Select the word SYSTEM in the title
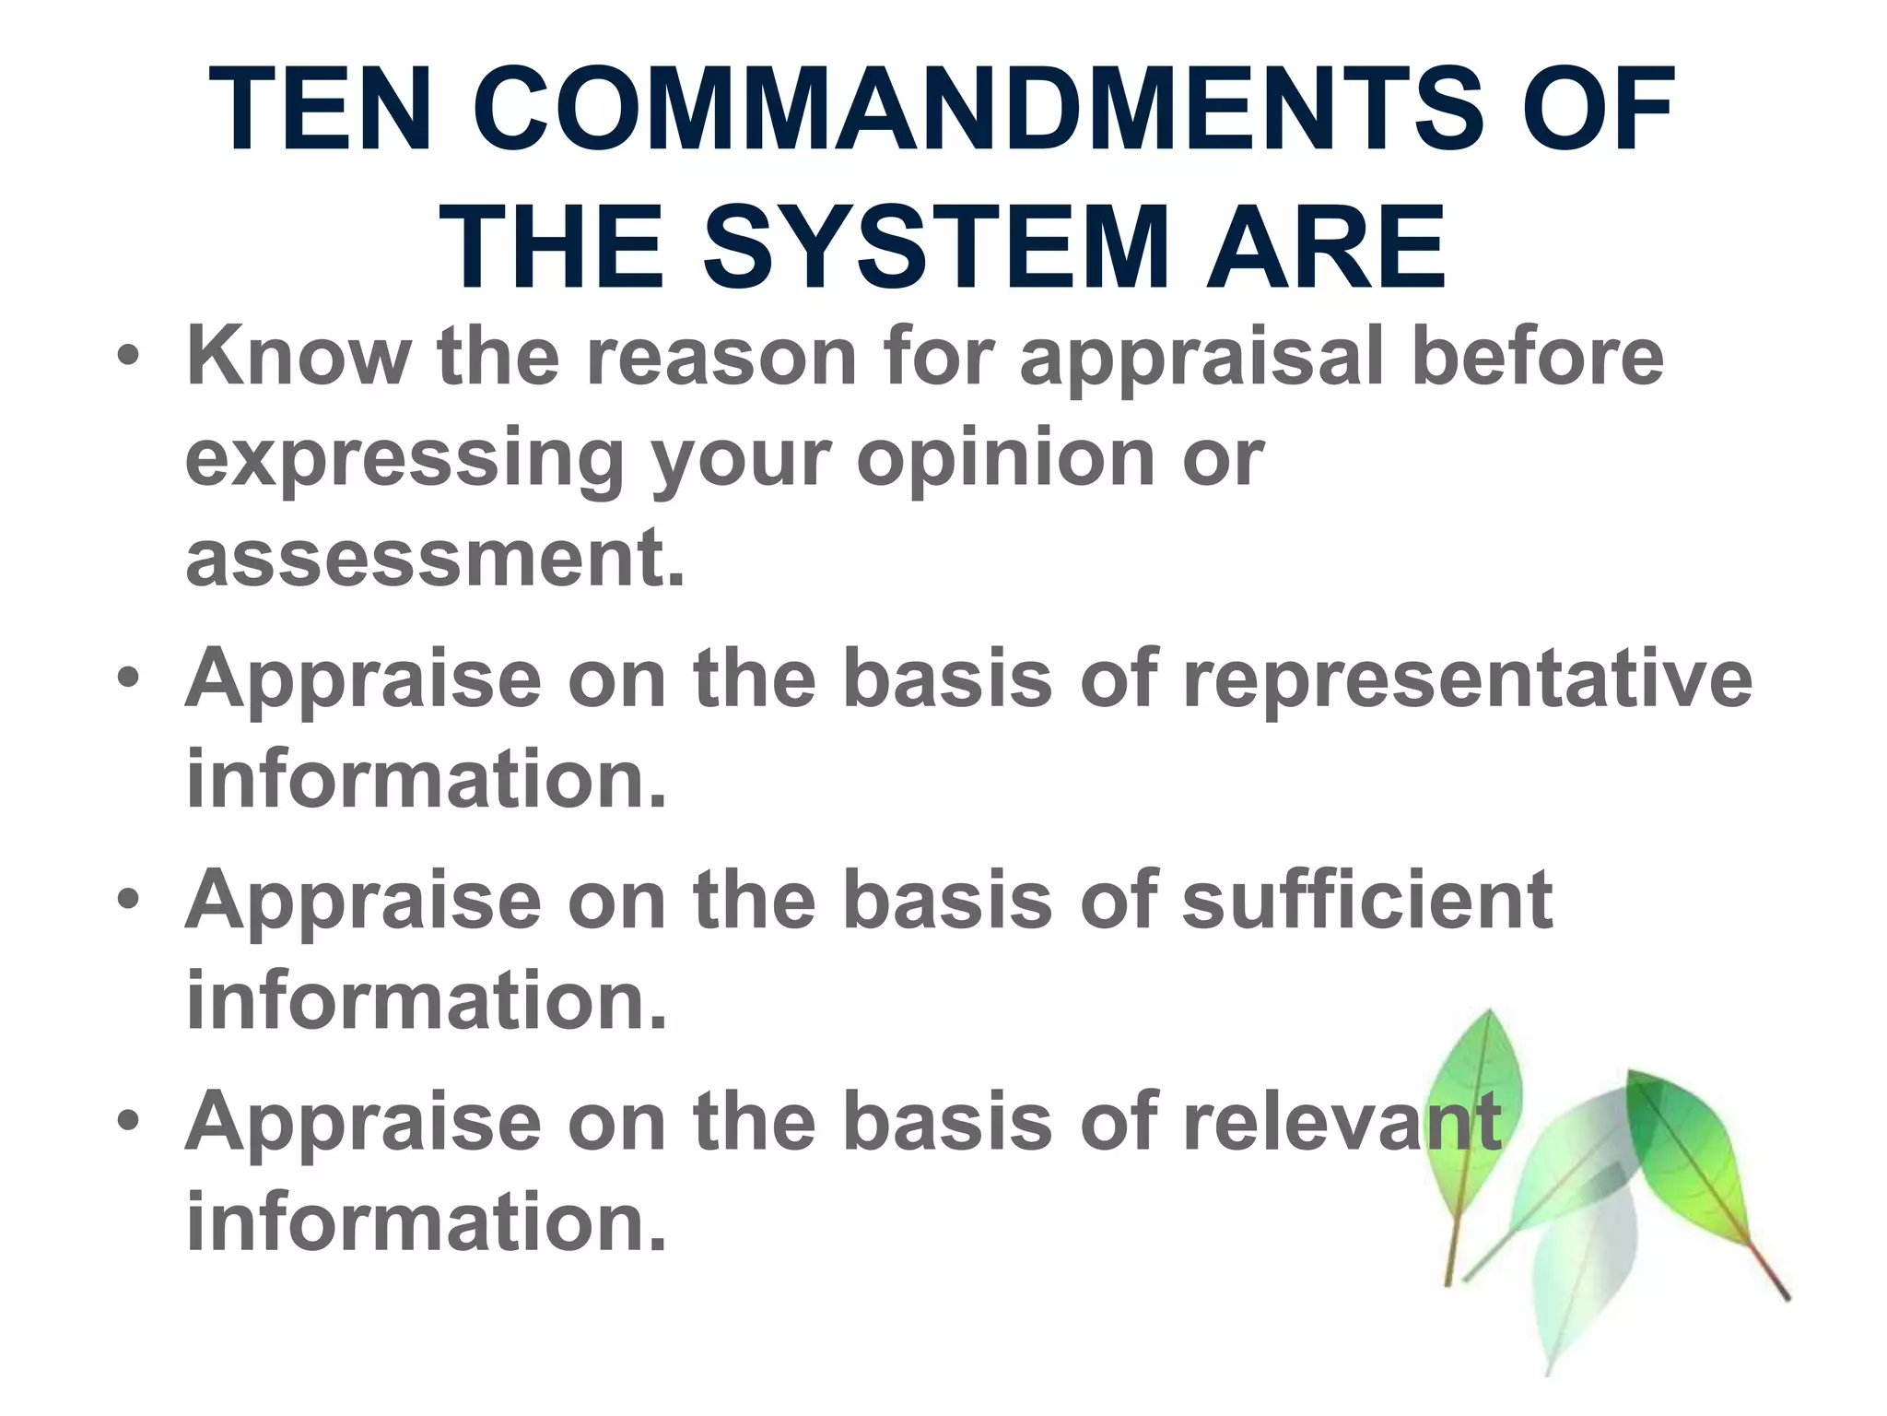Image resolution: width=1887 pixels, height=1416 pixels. (x=935, y=247)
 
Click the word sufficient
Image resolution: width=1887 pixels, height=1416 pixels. (x=1367, y=900)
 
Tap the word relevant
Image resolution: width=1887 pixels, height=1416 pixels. (x=1342, y=1121)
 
